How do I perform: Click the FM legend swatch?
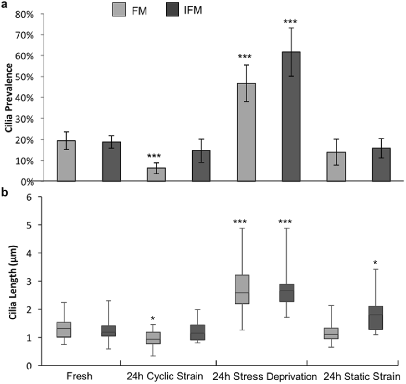click(x=119, y=9)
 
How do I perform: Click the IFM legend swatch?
click(x=172, y=9)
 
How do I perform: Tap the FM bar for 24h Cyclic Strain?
click(x=156, y=174)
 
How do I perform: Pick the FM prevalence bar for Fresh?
click(x=66, y=161)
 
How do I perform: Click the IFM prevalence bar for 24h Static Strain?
click(x=381, y=164)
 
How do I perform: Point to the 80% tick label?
click(x=24, y=15)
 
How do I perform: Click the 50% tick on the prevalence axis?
click(x=24, y=77)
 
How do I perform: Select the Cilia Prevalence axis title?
click(x=9, y=98)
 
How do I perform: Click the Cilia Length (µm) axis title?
click(x=13, y=282)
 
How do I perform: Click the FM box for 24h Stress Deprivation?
click(x=242, y=289)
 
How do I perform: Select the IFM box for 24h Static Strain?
click(x=375, y=318)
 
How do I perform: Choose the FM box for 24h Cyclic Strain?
click(x=153, y=338)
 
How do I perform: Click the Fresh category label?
click(x=79, y=376)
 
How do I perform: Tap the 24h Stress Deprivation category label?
click(x=264, y=377)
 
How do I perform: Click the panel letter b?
click(x=5, y=192)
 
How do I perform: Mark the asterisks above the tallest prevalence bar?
click(x=290, y=22)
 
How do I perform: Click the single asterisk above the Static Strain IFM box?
click(x=375, y=263)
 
